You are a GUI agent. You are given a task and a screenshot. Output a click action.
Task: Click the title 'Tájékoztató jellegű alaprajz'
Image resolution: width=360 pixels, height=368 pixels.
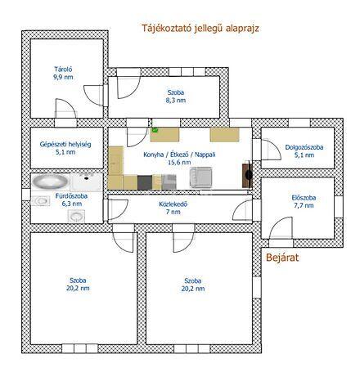click(200, 28)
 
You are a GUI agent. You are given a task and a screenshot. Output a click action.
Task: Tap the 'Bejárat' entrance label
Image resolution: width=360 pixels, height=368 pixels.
click(282, 258)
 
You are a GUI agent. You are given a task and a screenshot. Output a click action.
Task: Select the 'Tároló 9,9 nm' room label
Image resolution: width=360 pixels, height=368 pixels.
click(63, 73)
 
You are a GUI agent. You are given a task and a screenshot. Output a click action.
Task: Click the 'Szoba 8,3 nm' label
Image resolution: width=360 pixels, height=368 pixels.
click(176, 96)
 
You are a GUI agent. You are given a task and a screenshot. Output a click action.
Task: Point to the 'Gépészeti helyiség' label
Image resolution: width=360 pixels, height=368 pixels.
click(65, 144)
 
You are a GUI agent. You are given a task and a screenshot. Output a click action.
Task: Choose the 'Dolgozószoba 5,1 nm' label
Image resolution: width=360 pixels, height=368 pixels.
click(304, 151)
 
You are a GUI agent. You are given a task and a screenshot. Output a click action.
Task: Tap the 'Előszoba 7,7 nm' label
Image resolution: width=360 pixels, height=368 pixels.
click(304, 202)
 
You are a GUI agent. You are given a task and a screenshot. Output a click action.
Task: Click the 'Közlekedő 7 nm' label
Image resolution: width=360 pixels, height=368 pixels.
click(173, 208)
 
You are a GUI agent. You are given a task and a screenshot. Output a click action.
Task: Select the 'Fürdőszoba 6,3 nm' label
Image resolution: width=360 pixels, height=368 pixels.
click(72, 200)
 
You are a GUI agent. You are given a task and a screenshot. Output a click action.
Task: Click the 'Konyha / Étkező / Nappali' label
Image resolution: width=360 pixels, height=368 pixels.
click(179, 155)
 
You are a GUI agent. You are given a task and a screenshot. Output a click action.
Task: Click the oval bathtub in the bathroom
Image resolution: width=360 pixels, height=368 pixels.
click(50, 182)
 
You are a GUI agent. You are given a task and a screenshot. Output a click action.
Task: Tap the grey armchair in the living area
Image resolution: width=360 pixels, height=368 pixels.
click(200, 177)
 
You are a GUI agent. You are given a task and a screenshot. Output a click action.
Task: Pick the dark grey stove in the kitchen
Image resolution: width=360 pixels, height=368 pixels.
click(145, 182)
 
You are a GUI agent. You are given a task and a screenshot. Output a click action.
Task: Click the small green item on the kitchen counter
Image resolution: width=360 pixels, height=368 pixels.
click(155, 130)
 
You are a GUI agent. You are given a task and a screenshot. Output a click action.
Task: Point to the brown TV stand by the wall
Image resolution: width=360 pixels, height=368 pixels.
click(247, 175)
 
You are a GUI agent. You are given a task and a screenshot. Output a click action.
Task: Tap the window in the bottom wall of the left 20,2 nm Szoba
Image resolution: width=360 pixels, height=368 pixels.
click(80, 348)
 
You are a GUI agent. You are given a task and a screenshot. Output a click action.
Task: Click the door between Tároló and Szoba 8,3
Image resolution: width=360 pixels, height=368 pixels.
click(94, 95)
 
